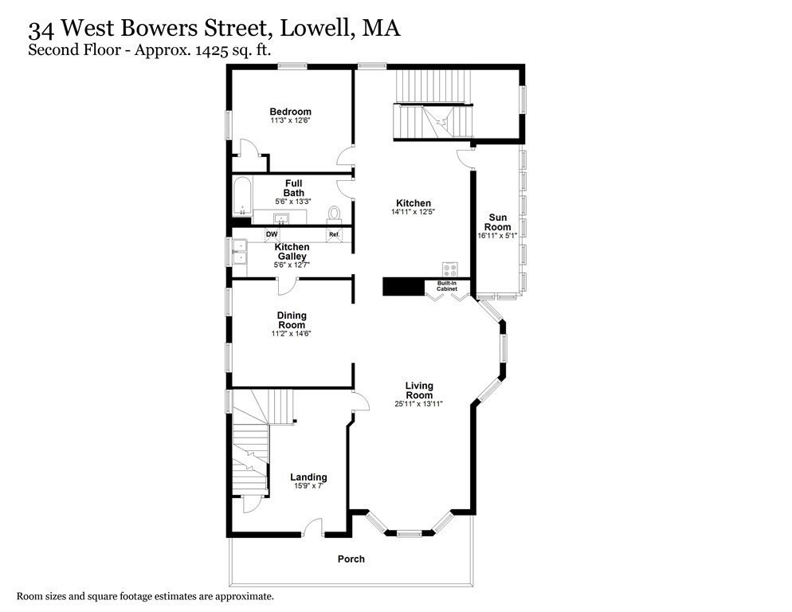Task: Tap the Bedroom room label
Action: click(290, 112)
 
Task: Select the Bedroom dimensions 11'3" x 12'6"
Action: click(290, 120)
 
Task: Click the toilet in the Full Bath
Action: click(334, 213)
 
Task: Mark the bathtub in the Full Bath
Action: click(243, 195)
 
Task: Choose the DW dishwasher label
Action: click(272, 234)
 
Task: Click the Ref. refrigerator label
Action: click(335, 234)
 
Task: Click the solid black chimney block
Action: click(405, 287)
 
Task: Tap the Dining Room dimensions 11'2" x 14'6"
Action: click(292, 334)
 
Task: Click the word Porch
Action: click(351, 559)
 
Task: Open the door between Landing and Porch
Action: click(312, 528)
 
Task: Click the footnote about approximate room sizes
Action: click(146, 595)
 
